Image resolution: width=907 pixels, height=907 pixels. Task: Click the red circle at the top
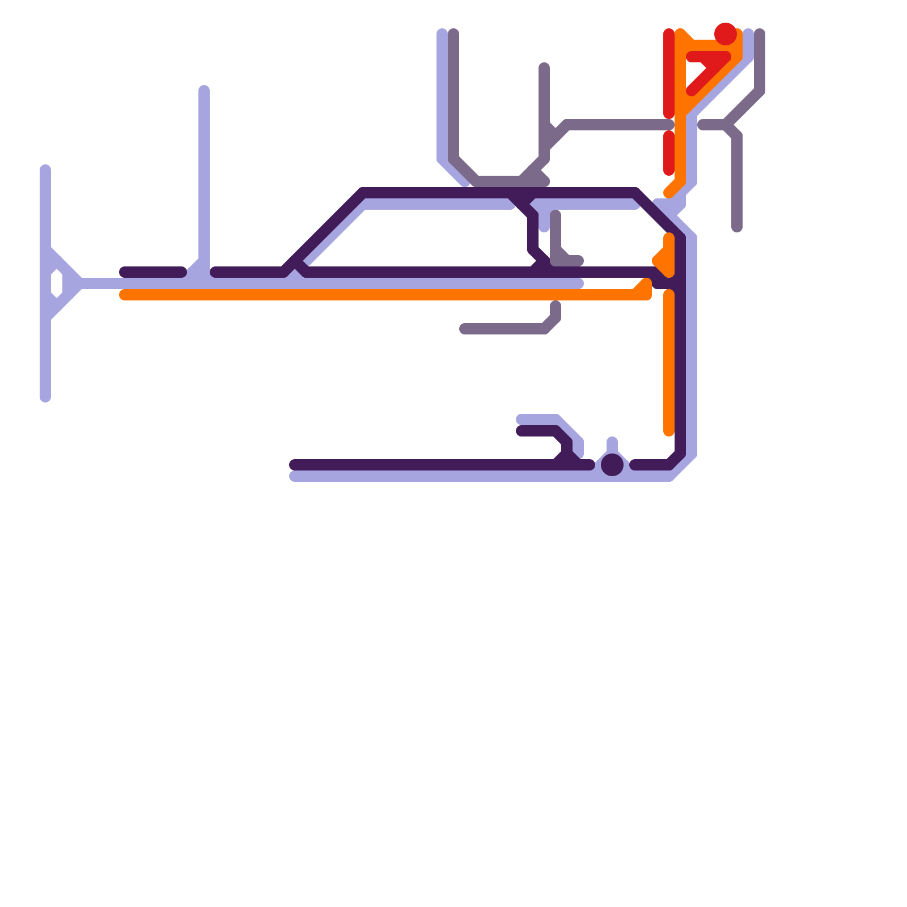pyautogui.click(x=726, y=34)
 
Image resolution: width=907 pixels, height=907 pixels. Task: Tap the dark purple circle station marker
pyautogui.click(x=612, y=465)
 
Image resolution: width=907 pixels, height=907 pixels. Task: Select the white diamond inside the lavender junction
pyautogui.click(x=57, y=283)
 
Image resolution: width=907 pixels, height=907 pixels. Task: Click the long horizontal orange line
pyautogui.click(x=374, y=295)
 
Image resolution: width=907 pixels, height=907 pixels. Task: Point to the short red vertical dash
pyautogui.click(x=669, y=153)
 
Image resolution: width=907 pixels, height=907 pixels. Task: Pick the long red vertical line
pyautogui.click(x=669, y=74)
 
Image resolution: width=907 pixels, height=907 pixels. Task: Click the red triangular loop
pyautogui.click(x=706, y=68)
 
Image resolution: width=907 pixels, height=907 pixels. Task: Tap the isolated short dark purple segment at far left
pyautogui.click(x=153, y=272)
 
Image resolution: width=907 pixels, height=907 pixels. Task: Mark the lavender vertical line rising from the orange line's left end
pyautogui.click(x=204, y=170)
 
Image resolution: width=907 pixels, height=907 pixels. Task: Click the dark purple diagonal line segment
pyautogui.click(x=323, y=232)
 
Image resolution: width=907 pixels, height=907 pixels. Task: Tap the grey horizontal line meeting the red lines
pyautogui.click(x=618, y=125)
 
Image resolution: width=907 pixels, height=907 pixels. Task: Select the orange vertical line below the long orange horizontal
pyautogui.click(x=669, y=363)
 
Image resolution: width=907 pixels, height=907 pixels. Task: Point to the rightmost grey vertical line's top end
pyautogui.click(x=760, y=34)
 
